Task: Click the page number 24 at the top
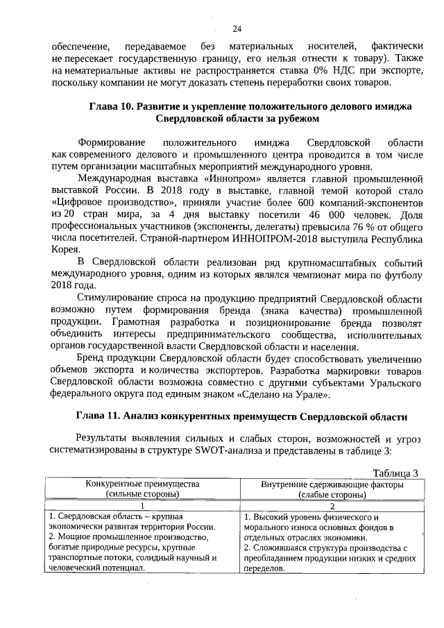coord(237,28)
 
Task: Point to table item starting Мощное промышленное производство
coord(132,537)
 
